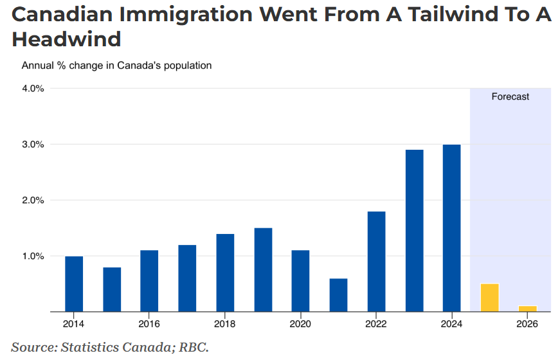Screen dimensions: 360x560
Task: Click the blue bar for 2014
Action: [x=74, y=284]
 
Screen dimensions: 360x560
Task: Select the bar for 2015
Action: [x=112, y=289]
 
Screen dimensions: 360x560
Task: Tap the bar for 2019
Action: [x=263, y=270]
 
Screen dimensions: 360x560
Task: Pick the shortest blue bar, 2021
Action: [x=338, y=295]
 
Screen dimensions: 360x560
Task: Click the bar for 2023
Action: [x=414, y=231]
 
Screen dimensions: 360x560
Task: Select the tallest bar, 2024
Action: [x=452, y=228]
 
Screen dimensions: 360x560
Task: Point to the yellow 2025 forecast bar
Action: [x=490, y=298]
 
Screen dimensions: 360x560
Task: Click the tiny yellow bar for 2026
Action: [x=528, y=309]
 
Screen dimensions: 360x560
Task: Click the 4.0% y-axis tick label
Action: [x=33, y=89]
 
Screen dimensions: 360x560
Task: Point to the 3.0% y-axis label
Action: [x=33, y=145]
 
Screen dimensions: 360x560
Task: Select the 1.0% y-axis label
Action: [x=33, y=256]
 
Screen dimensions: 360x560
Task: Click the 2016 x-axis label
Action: [x=149, y=323]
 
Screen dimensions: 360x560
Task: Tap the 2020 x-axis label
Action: [x=300, y=323]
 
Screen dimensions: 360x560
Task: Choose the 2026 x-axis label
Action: [x=527, y=323]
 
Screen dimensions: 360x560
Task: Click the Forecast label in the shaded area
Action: [x=510, y=96]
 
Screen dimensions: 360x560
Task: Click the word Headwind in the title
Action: [x=67, y=39]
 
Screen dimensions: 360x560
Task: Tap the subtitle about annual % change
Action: [x=116, y=66]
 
